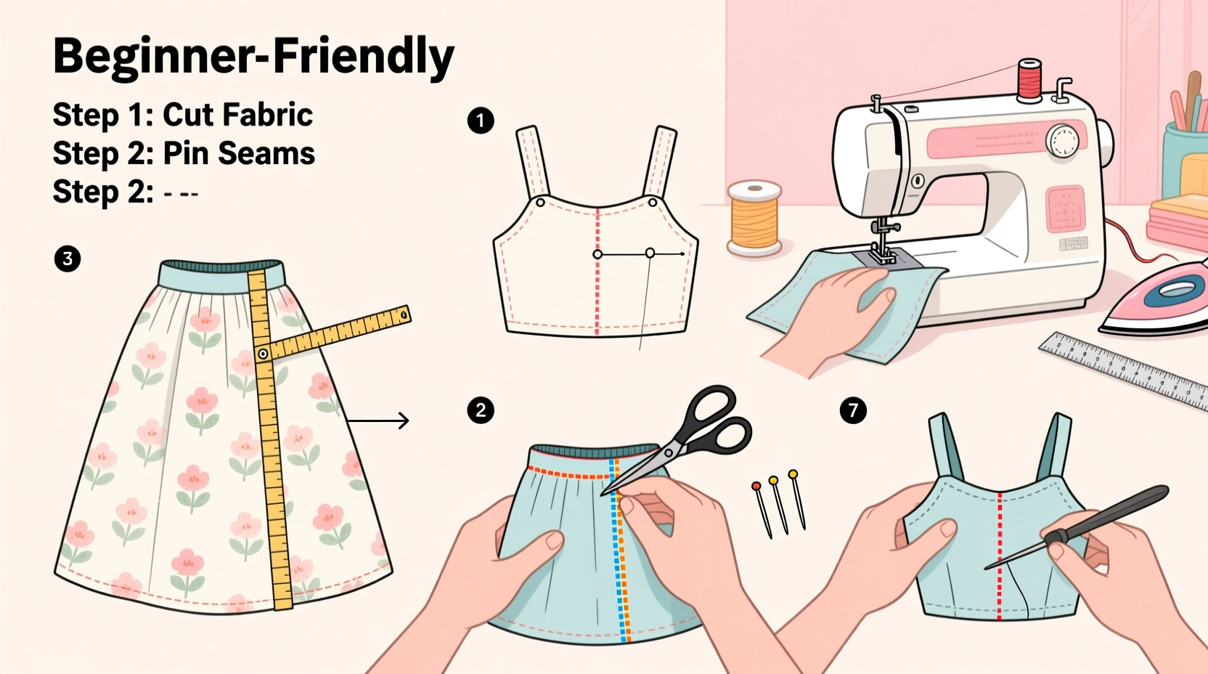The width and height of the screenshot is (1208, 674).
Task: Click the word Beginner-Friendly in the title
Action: coord(253,57)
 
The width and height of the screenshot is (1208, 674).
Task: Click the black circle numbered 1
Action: coord(481,121)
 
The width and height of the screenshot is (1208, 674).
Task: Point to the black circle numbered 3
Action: coord(68,259)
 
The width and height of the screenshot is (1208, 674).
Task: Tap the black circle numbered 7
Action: coord(853,410)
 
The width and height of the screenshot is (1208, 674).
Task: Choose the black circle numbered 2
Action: coord(481,410)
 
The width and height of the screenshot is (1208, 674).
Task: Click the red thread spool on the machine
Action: coord(1029,80)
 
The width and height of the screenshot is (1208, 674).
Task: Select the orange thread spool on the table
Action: coord(755,216)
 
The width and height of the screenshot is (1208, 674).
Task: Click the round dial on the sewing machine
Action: coord(1063,140)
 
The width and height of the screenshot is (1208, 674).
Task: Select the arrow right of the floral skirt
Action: coord(377,421)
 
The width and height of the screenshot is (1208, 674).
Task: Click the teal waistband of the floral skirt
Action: coord(221,275)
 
